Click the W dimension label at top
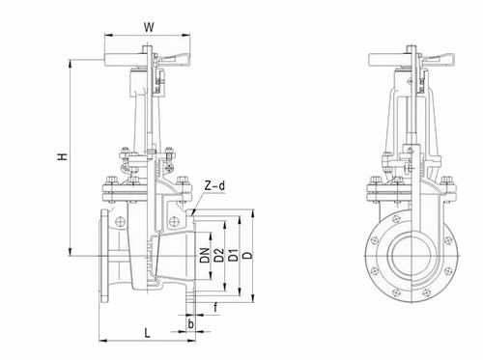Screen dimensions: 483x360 click(x=149, y=27)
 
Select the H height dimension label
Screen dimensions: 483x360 click(x=63, y=156)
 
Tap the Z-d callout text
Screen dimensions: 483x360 click(x=214, y=185)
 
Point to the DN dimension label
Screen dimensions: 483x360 click(x=205, y=256)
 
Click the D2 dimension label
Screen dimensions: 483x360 click(x=219, y=256)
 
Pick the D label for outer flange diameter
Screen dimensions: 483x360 click(x=247, y=256)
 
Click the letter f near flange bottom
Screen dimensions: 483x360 click(x=215, y=308)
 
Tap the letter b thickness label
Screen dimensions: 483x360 click(x=191, y=324)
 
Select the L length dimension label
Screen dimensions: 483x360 click(x=147, y=333)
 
